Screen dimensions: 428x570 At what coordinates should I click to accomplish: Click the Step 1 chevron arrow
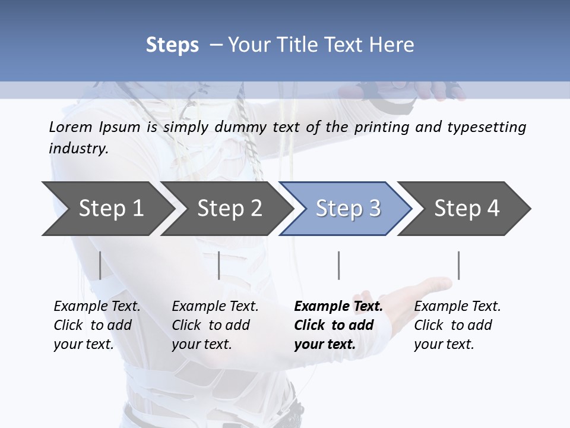107,208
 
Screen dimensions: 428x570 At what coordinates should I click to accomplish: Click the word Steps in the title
172,45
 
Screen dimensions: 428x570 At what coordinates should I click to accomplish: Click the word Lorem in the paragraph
71,127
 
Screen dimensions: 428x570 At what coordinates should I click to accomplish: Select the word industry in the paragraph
78,149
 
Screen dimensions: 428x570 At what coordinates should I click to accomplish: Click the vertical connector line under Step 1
100,265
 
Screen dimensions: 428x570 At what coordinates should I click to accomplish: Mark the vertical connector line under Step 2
219,265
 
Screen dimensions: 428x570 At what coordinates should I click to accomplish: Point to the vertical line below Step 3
338,265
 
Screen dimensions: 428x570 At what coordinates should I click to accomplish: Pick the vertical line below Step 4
458,265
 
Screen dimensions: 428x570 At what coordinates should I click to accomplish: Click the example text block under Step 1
97,325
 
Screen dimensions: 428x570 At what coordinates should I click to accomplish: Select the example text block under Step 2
215,325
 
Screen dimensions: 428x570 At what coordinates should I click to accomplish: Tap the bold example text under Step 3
338,325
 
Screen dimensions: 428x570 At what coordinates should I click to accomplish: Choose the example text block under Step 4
457,325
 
